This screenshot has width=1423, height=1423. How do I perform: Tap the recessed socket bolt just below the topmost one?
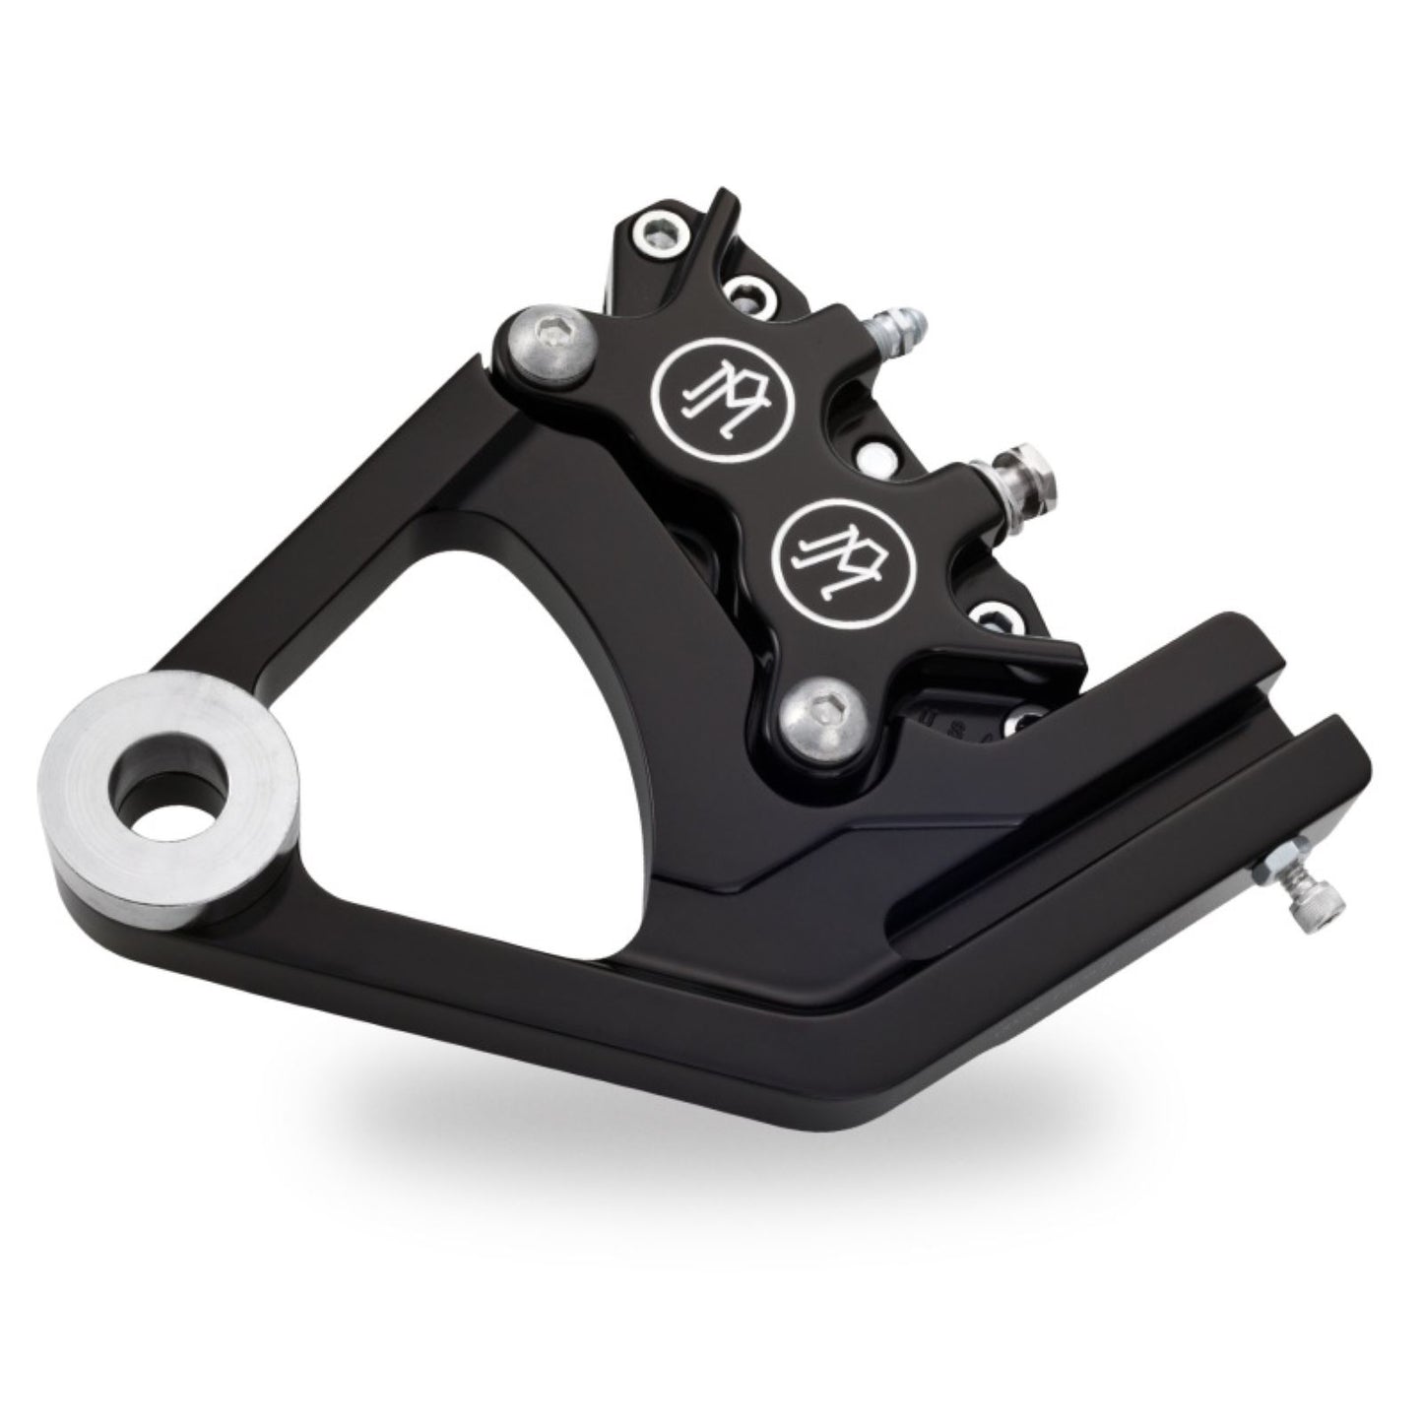click(748, 292)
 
